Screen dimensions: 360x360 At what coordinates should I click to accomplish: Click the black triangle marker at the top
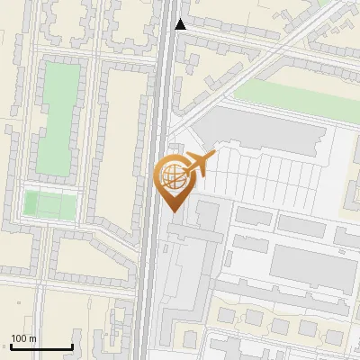[x=181, y=24]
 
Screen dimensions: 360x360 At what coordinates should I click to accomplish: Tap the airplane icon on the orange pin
[x=200, y=164]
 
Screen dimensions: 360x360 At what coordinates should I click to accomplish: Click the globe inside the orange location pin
[x=173, y=176]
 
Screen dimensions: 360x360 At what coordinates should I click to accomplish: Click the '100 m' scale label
[x=23, y=338]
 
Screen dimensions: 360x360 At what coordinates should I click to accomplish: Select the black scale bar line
[x=41, y=347]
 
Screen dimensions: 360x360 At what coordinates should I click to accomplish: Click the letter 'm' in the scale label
[x=32, y=338]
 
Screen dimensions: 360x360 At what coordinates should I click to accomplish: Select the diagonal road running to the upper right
[x=261, y=63]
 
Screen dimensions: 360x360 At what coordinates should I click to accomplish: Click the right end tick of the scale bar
[x=72, y=346]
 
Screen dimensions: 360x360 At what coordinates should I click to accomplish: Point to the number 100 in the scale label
[x=19, y=338]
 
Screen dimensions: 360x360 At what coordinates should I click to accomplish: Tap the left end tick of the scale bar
[x=11, y=346]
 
